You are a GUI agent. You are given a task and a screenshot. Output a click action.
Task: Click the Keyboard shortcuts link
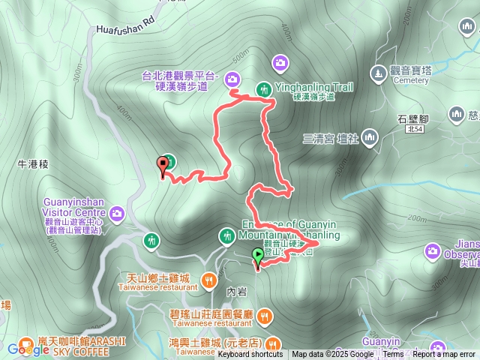point(250,355)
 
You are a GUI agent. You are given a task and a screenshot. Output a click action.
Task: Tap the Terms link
point(393,355)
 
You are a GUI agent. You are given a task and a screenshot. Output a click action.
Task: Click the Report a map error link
point(444,355)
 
